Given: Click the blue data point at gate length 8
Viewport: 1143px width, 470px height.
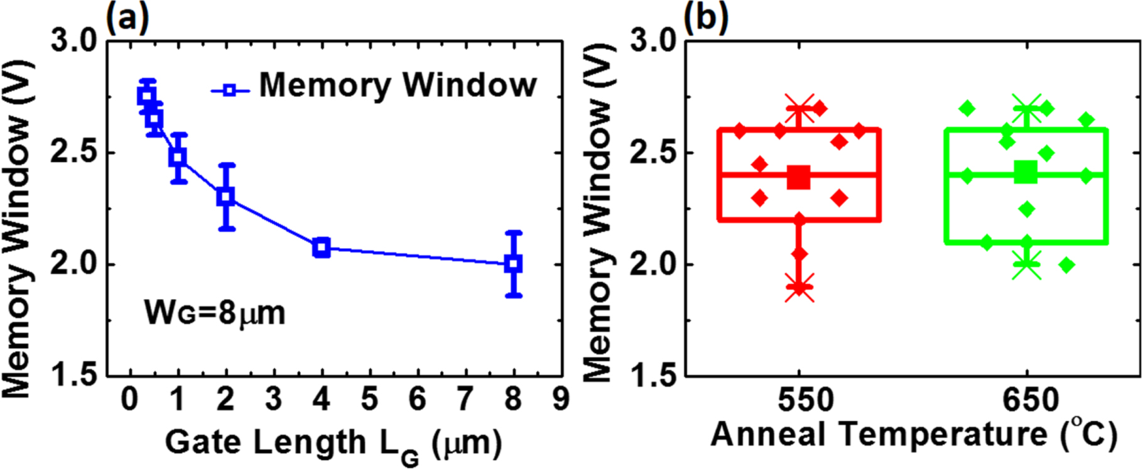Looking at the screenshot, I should pyautogui.click(x=514, y=263).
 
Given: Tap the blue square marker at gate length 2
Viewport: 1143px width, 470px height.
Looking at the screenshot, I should pyautogui.click(x=226, y=197).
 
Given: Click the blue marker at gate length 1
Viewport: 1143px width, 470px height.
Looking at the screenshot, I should pyautogui.click(x=178, y=157).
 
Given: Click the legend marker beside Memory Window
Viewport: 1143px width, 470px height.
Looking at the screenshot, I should pyautogui.click(x=230, y=90).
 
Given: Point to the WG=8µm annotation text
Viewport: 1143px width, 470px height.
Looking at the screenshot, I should pyautogui.click(x=215, y=312).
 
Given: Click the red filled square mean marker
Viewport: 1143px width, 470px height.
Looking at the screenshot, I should pyautogui.click(x=799, y=178).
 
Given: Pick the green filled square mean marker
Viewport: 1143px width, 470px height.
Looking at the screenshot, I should pyautogui.click(x=1026, y=172).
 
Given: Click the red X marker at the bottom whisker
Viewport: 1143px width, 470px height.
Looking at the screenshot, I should pyautogui.click(x=799, y=287).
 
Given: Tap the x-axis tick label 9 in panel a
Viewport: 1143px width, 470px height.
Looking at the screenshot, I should pyautogui.click(x=561, y=399).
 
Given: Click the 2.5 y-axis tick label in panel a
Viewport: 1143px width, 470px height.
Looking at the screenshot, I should pyautogui.click(x=73, y=153).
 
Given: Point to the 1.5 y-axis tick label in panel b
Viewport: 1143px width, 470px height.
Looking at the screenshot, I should pyautogui.click(x=653, y=376).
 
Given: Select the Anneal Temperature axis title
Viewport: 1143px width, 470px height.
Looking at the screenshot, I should pyautogui.click(x=879, y=435).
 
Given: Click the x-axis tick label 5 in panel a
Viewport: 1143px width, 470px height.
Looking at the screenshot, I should pyautogui.click(x=369, y=399).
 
